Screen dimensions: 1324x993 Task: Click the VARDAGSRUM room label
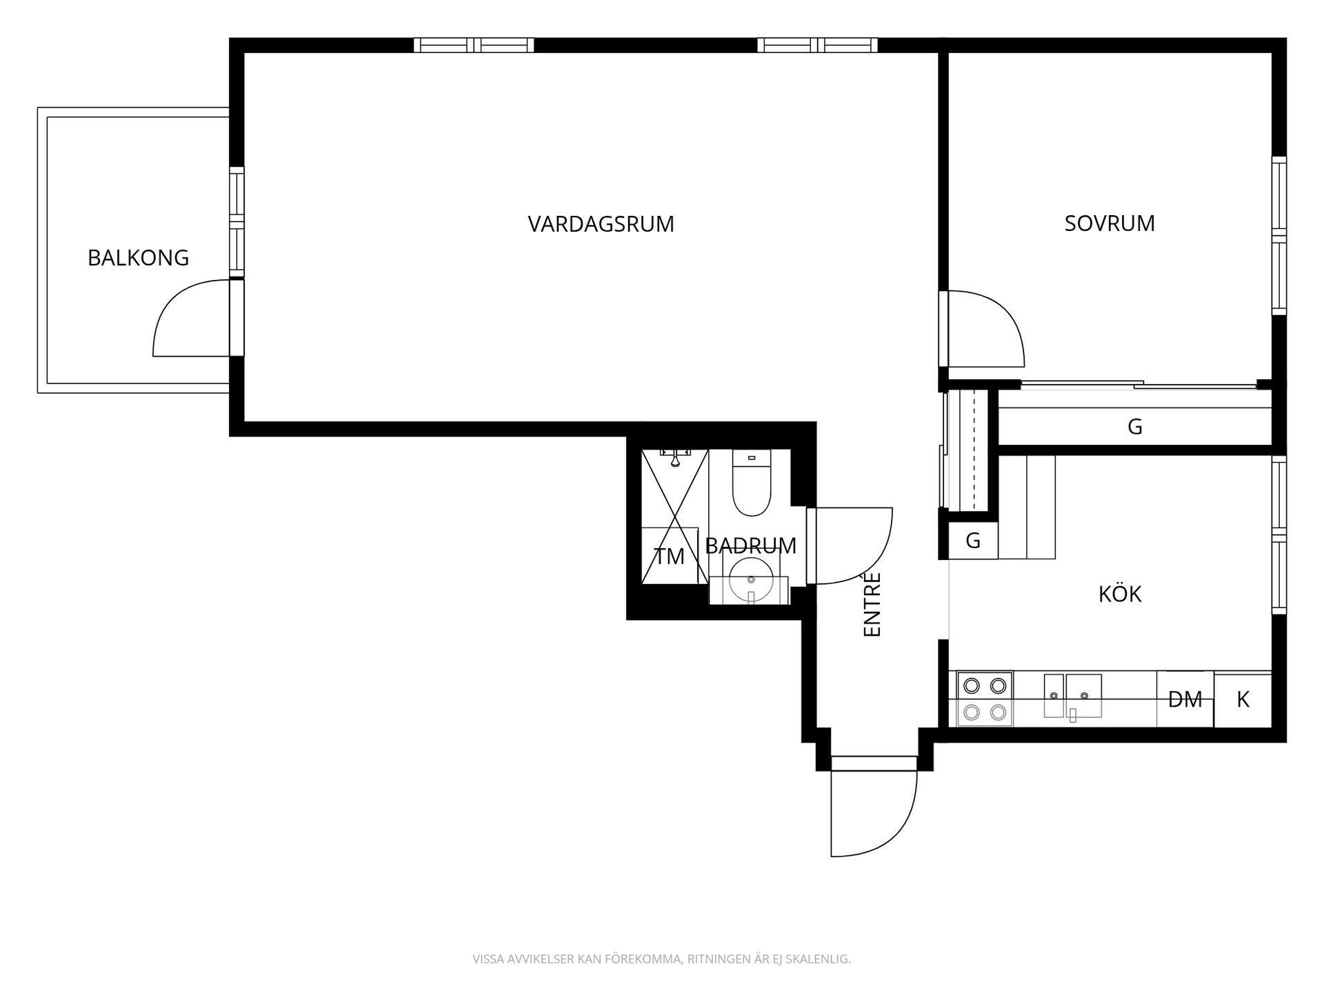pos(601,224)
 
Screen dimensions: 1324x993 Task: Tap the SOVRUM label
pos(1110,223)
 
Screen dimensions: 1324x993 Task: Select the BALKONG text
pos(138,258)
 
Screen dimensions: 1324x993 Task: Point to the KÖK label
pos(1120,594)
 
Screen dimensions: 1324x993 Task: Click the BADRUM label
pos(750,546)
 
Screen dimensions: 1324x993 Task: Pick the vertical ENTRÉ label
pos(872,605)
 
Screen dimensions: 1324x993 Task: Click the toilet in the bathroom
pos(751,483)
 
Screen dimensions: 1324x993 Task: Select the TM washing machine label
pos(669,556)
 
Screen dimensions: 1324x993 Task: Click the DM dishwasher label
pos(1185,700)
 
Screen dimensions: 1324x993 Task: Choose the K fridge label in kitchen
pos(1243,699)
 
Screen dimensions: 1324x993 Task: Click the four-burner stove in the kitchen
pos(985,699)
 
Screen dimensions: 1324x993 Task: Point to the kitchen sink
pos(1073,696)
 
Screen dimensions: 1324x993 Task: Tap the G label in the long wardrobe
pos(1135,427)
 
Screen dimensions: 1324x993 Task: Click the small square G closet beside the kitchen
pos(973,541)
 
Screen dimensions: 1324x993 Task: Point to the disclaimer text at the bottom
pos(662,959)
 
